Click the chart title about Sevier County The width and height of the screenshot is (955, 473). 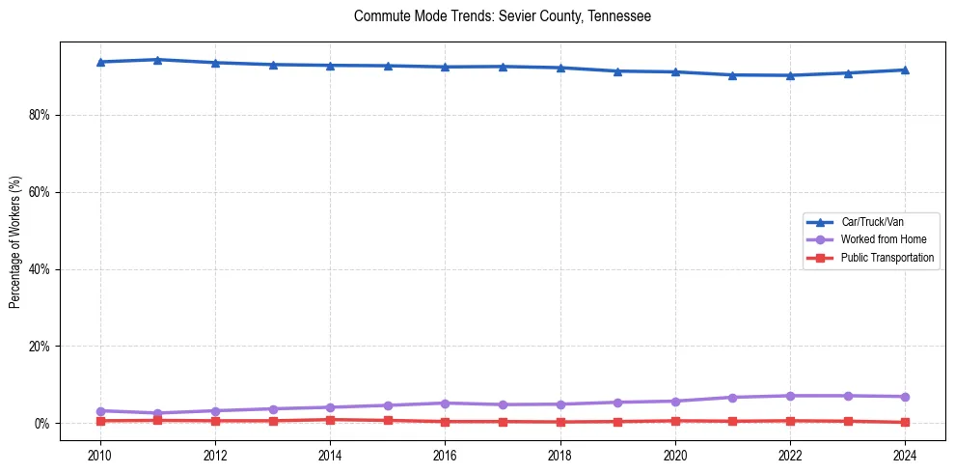[x=503, y=16]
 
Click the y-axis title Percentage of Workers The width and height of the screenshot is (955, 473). [x=15, y=241]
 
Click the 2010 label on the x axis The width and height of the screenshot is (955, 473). [x=100, y=454]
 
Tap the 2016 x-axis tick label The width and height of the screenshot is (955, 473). [x=445, y=454]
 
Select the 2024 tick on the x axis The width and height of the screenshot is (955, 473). [x=905, y=454]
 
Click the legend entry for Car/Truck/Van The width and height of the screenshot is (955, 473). [x=871, y=222]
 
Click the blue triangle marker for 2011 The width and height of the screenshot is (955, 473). [x=157, y=60]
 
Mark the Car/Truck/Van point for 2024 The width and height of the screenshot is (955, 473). [x=905, y=70]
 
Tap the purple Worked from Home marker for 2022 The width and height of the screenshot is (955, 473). [x=790, y=396]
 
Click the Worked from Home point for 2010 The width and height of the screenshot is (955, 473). [x=100, y=411]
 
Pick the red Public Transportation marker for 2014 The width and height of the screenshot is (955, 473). [x=330, y=420]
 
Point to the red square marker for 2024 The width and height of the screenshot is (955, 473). [x=905, y=422]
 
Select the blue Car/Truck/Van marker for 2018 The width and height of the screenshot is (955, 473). [x=560, y=68]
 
